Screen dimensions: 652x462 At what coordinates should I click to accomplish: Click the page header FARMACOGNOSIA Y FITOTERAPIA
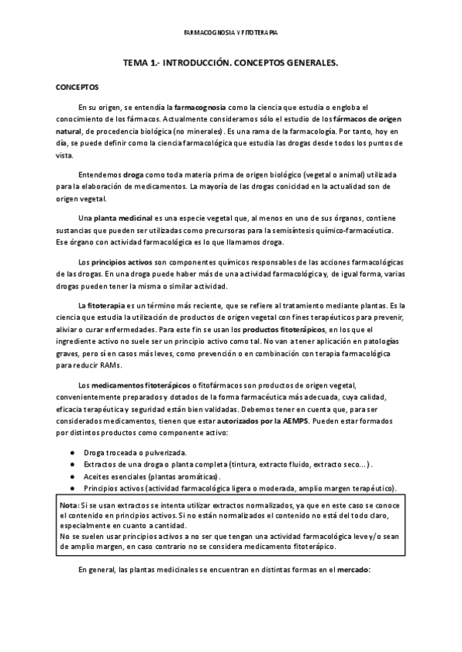pyautogui.click(x=231, y=34)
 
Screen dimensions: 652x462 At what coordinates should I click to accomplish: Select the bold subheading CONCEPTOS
pyautogui.click(x=77, y=88)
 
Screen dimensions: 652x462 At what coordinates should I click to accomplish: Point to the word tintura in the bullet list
pyautogui.click(x=246, y=465)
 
